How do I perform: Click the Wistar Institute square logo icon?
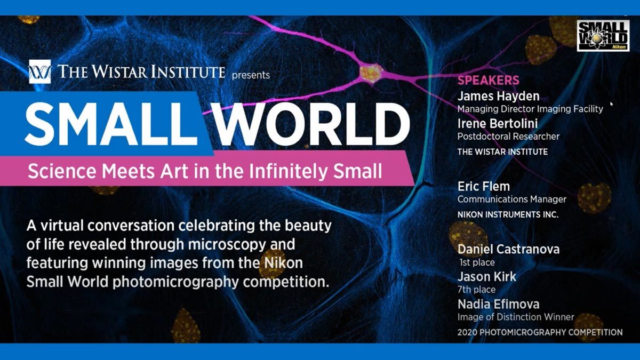pyautogui.click(x=40, y=71)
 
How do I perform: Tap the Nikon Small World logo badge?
pyautogui.click(x=603, y=36)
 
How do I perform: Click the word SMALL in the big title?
pyautogui.click(x=111, y=124)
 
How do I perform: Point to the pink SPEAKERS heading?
pyautogui.click(x=489, y=81)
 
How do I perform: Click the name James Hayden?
pyautogui.click(x=499, y=97)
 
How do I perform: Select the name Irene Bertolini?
pyautogui.click(x=498, y=124)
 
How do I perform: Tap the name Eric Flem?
pyautogui.click(x=484, y=187)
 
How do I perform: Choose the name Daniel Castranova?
pyautogui.click(x=509, y=250)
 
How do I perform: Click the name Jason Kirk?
pyautogui.click(x=487, y=277)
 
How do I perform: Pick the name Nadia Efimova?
pyautogui.click(x=499, y=305)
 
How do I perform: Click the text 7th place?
pyautogui.click(x=477, y=290)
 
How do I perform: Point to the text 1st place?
pyautogui.click(x=477, y=262)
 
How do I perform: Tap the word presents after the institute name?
pyautogui.click(x=251, y=75)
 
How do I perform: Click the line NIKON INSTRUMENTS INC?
pyautogui.click(x=508, y=214)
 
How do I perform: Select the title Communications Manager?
pyautogui.click(x=512, y=199)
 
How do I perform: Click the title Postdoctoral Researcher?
pyautogui.click(x=509, y=137)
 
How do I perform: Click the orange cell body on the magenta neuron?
pyautogui.click(x=371, y=73)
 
